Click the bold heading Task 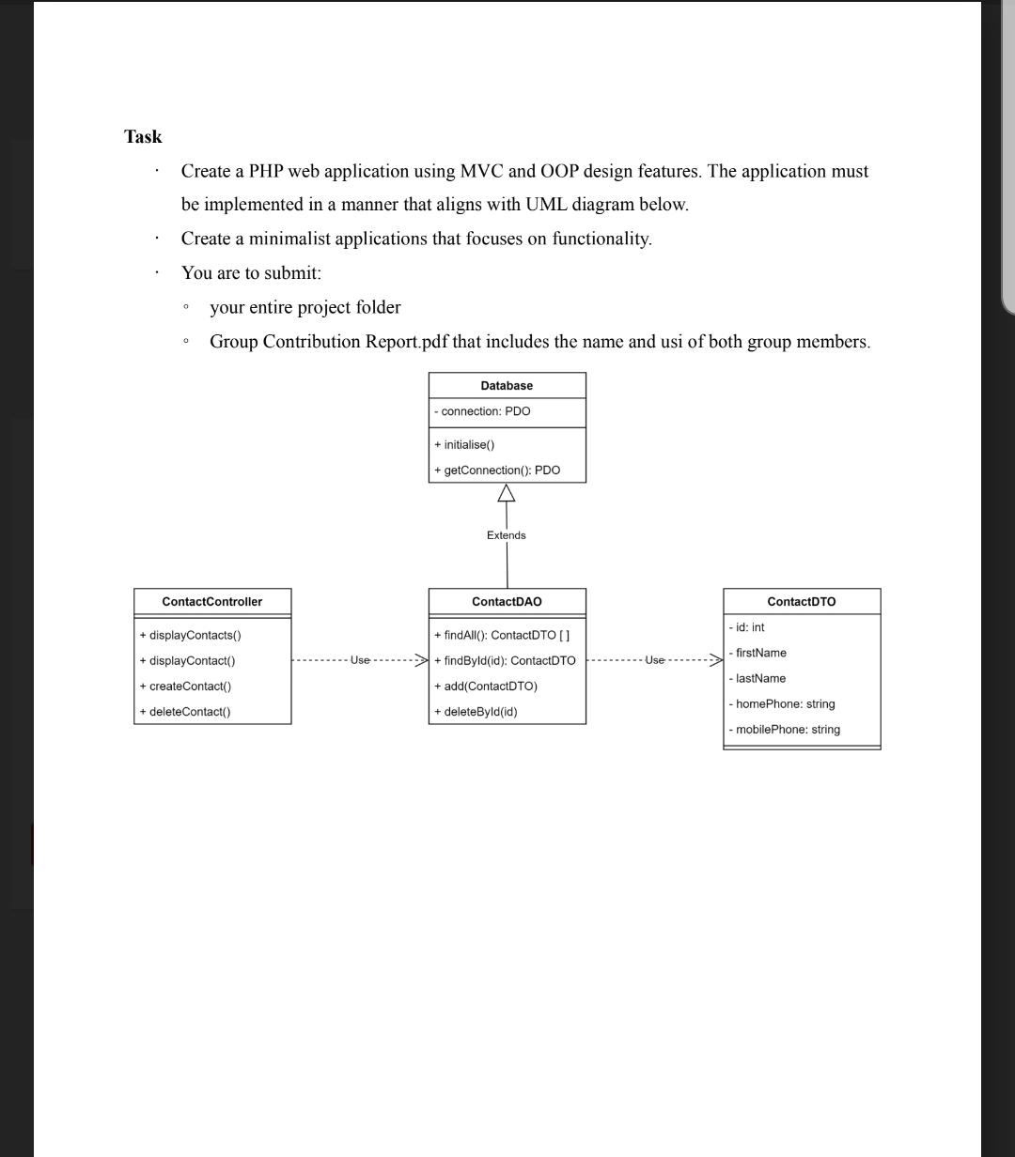pyautogui.click(x=143, y=137)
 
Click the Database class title pyautogui.click(x=507, y=386)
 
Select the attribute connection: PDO pyautogui.click(x=482, y=411)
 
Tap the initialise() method pyautogui.click(x=464, y=445)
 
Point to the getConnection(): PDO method pyautogui.click(x=497, y=471)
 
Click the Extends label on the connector pyautogui.click(x=507, y=535)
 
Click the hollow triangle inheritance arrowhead pyautogui.click(x=507, y=493)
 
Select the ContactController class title pyautogui.click(x=212, y=602)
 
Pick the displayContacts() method pyautogui.click(x=191, y=636)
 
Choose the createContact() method pyautogui.click(x=185, y=686)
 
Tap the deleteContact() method pyautogui.click(x=185, y=712)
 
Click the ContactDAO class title pyautogui.click(x=507, y=602)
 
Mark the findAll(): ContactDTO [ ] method pyautogui.click(x=502, y=636)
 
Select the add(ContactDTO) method pyautogui.click(x=486, y=686)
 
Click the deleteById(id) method pyautogui.click(x=476, y=712)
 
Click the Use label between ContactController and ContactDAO pyautogui.click(x=360, y=660)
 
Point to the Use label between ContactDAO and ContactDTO pyautogui.click(x=654, y=660)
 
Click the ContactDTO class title pyautogui.click(x=802, y=602)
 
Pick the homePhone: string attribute pyautogui.click(x=782, y=704)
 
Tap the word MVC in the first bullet pyautogui.click(x=483, y=172)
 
